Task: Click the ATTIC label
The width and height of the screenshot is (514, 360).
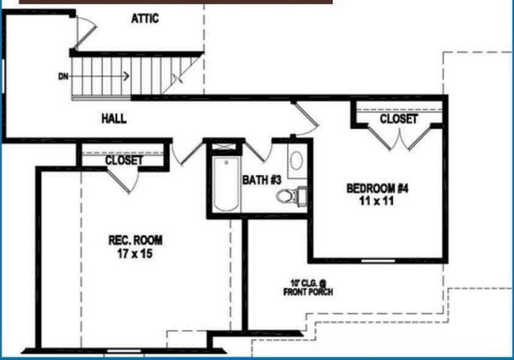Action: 145,19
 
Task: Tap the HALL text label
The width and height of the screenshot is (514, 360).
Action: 114,119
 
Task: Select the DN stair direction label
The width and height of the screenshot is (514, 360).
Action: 63,77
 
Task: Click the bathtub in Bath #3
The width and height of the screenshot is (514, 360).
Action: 225,184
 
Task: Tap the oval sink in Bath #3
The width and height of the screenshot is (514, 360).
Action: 297,161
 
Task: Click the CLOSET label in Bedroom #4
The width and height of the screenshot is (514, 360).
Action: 399,119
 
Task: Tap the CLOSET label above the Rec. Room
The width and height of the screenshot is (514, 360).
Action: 124,161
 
